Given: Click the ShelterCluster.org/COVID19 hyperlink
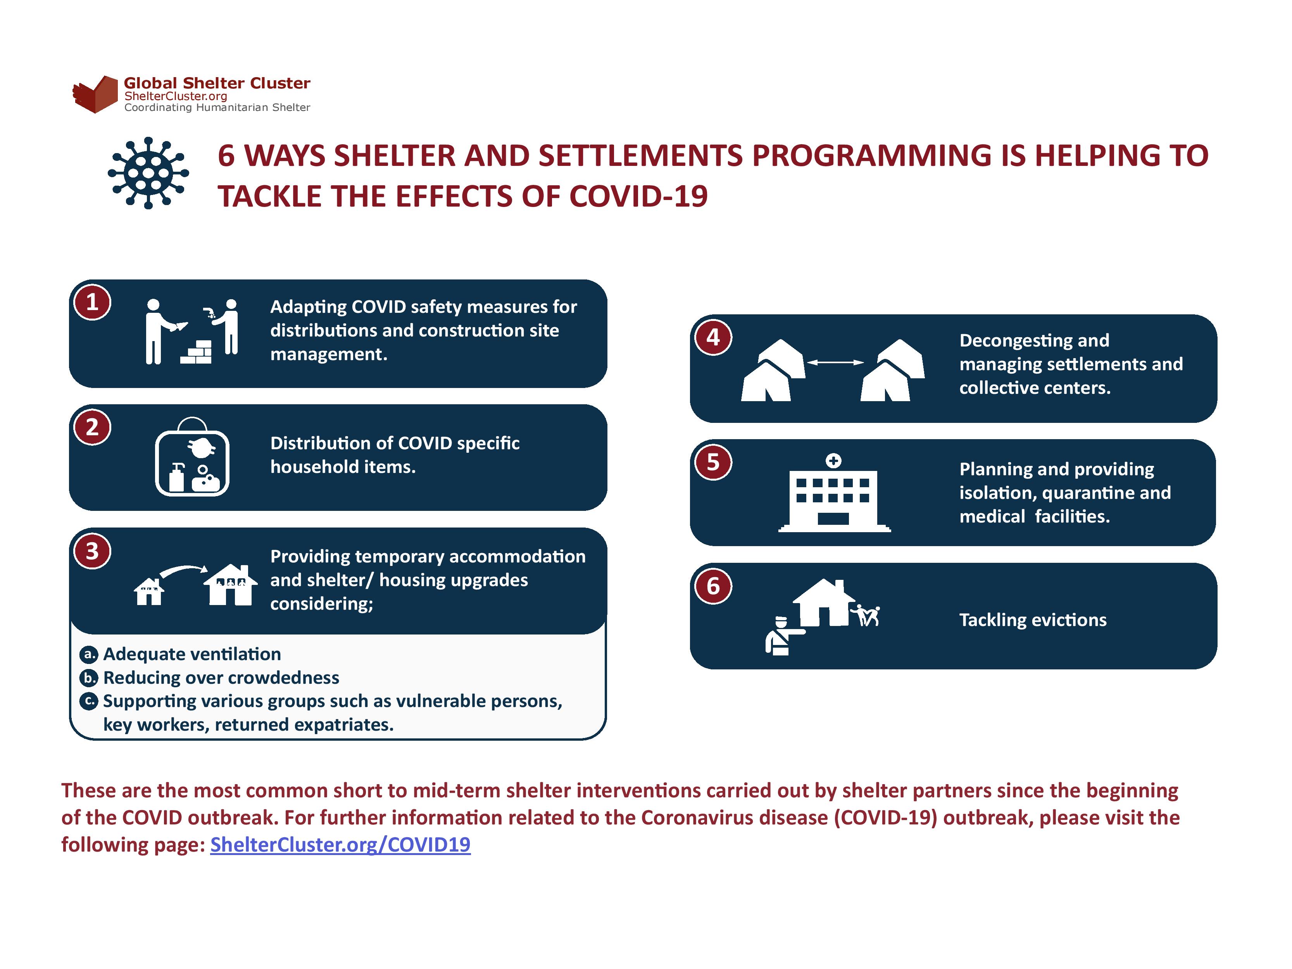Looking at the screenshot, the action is (340, 845).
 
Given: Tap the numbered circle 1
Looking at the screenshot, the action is (92, 302).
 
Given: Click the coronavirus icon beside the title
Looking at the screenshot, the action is (148, 173).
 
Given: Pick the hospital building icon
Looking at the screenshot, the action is (834, 493).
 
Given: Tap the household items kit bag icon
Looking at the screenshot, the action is (192, 457).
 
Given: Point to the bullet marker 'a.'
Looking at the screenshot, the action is (88, 654).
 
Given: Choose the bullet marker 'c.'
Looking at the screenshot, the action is (88, 701).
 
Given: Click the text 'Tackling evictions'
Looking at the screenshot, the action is (1033, 620).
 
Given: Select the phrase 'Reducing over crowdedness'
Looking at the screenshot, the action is (221, 678).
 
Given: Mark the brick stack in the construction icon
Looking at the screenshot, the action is (196, 352).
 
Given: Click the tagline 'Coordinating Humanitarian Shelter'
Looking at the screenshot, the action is (217, 107).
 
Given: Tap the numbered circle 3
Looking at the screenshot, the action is (92, 551).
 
